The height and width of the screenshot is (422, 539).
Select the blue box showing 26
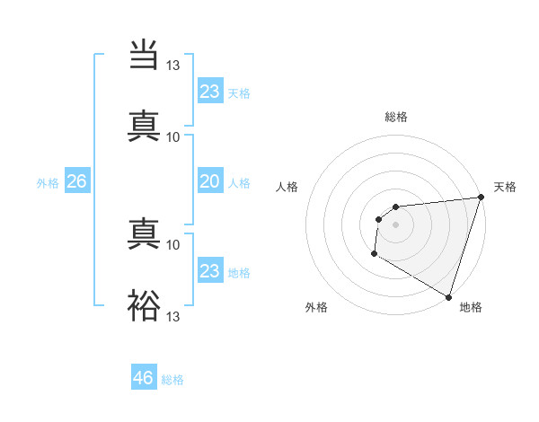(76, 181)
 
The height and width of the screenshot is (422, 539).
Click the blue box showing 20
(209, 181)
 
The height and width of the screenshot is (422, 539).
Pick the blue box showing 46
(144, 378)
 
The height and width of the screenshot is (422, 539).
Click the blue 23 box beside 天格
(209, 92)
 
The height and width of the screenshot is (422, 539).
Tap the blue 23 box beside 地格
(209, 271)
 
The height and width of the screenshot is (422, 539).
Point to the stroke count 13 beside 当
(173, 66)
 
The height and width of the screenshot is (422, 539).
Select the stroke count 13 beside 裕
(173, 316)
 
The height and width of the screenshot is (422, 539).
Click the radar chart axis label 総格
(396, 117)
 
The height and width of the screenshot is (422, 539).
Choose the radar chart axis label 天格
(505, 187)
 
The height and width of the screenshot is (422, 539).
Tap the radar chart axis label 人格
(287, 187)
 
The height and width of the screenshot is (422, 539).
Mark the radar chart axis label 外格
(316, 307)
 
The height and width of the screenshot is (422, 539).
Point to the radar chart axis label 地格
(471, 307)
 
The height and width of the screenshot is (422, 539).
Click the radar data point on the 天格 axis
(481, 198)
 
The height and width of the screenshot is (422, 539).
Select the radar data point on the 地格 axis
(449, 296)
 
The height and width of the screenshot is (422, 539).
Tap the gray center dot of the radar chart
(395, 224)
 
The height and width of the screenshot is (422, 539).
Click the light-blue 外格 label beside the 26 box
(48, 183)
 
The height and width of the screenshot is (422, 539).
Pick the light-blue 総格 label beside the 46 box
(172, 380)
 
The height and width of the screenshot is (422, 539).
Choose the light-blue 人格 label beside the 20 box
(239, 183)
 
